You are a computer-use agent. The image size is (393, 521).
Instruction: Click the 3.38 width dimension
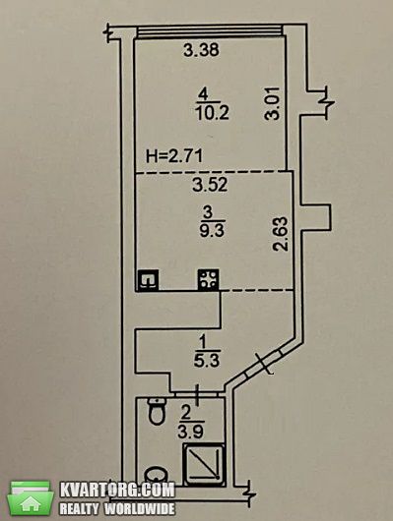click(202, 50)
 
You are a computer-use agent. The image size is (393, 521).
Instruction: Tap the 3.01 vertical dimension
click(271, 103)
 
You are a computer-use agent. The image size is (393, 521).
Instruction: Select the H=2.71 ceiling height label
click(174, 156)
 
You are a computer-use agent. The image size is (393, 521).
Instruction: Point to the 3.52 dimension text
click(210, 185)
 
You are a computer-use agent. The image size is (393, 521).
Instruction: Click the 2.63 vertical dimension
click(280, 234)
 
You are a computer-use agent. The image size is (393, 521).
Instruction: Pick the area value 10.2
click(212, 113)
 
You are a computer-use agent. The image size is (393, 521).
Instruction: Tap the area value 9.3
click(212, 231)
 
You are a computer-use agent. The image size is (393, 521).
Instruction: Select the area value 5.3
click(207, 360)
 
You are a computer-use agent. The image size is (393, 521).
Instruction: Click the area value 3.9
click(190, 432)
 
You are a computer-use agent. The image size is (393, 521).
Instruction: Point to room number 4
click(203, 95)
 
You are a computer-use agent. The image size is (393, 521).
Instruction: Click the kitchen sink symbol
click(147, 280)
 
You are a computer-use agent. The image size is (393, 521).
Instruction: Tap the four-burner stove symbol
click(209, 280)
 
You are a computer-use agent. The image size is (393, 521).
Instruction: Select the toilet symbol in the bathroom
click(157, 411)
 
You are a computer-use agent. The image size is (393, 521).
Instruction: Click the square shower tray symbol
click(204, 464)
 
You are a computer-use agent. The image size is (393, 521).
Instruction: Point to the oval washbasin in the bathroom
click(157, 475)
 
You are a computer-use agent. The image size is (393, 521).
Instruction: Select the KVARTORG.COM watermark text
click(117, 490)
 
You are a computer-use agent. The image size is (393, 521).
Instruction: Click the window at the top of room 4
click(210, 31)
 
